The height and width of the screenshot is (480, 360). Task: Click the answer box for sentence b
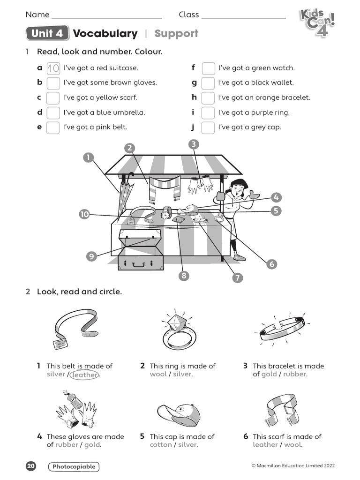[53, 83]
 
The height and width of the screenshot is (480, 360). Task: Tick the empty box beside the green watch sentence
[208, 68]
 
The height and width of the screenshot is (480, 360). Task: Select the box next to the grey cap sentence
[208, 127]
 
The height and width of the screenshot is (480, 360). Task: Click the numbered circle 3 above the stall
[193, 144]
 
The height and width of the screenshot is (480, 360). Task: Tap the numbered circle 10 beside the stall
[84, 214]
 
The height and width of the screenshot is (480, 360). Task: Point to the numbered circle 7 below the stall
[238, 277]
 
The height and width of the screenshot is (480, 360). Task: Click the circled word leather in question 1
[85, 375]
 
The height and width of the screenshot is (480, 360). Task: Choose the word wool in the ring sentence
[158, 375]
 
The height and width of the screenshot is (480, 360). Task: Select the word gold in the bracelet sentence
[269, 375]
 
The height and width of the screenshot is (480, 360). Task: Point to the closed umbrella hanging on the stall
[125, 192]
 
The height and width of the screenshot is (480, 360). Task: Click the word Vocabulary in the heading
[105, 34]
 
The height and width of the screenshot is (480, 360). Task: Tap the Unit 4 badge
[48, 34]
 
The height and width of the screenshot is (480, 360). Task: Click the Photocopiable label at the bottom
[74, 466]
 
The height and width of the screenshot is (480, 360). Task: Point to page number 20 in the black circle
[31, 466]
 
